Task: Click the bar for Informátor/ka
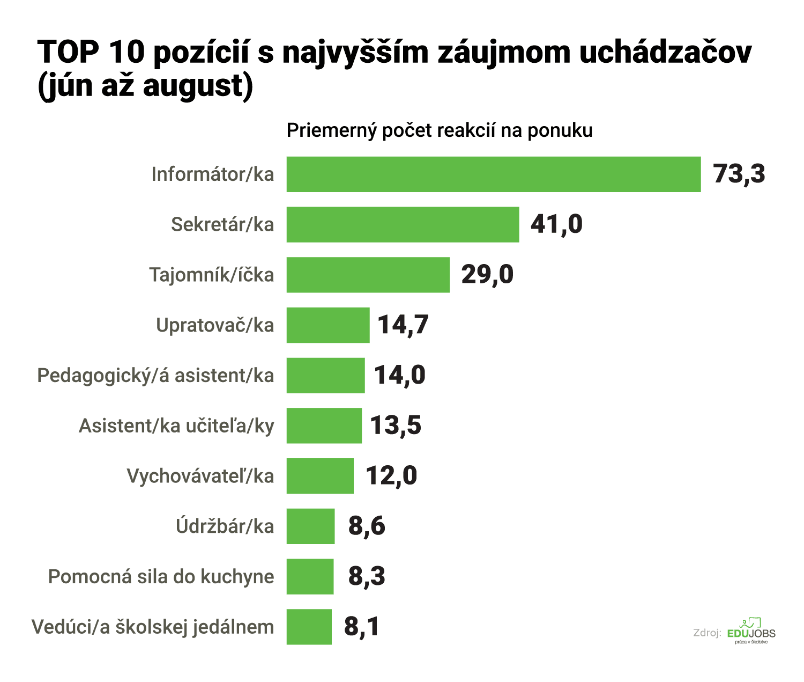[x=493, y=174]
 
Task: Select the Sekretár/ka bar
[x=403, y=224]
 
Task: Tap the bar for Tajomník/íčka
[x=368, y=275]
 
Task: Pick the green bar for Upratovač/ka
[x=328, y=325]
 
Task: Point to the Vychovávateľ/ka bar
[x=320, y=476]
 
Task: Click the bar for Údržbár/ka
[x=310, y=526]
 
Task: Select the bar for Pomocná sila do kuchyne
[x=310, y=576]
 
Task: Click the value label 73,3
[x=739, y=174]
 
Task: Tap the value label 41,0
[x=556, y=224]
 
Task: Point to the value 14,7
[x=403, y=325]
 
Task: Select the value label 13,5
[x=396, y=426]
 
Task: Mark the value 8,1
[x=362, y=626]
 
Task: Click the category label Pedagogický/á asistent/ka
[x=155, y=376]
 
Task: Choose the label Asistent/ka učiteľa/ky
[x=176, y=426]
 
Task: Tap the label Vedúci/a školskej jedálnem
[x=153, y=627]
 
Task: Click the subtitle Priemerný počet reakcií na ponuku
[x=440, y=130]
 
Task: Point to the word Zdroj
[x=706, y=633]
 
